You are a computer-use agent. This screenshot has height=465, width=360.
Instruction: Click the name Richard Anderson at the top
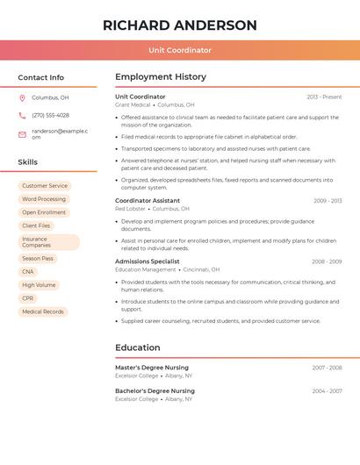point(180,25)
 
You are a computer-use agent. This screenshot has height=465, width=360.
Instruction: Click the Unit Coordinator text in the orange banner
point(180,50)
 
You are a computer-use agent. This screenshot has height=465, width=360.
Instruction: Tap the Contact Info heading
point(41,77)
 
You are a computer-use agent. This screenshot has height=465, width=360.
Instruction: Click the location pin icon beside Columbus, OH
point(22,97)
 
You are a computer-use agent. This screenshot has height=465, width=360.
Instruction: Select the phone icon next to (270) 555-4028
point(22,115)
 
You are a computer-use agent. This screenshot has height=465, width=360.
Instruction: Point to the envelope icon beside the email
point(22,134)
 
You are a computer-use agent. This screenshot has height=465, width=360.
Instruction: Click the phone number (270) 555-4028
point(50,115)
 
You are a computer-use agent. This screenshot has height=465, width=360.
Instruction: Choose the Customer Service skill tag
point(45,186)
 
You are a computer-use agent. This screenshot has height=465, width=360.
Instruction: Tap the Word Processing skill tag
point(44,199)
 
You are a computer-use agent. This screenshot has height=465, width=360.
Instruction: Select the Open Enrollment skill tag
point(44,212)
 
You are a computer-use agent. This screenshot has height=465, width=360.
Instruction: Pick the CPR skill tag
point(28,298)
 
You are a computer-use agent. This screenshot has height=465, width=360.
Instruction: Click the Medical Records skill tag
point(43,311)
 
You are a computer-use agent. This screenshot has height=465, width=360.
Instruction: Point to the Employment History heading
point(161,77)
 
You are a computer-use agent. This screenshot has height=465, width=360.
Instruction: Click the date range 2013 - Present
point(324,97)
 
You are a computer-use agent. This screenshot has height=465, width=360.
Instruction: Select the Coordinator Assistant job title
point(148,200)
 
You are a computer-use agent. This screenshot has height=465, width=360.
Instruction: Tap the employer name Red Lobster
point(130,209)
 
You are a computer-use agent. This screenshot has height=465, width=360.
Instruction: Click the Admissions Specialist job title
point(148,261)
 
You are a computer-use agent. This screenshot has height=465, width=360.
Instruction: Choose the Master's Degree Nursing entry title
point(152,368)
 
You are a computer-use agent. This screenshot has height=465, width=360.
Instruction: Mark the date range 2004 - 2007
point(327,391)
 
